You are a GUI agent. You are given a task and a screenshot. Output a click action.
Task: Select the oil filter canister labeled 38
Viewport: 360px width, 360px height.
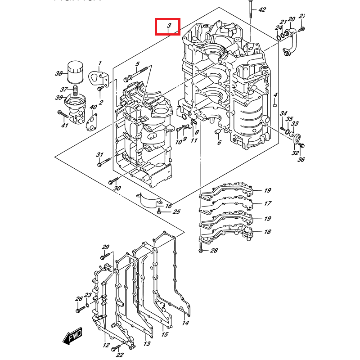75,73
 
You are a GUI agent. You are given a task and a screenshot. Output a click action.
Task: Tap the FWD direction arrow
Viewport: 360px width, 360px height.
72,336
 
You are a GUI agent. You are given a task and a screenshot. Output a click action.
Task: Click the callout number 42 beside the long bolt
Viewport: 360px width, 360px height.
262,9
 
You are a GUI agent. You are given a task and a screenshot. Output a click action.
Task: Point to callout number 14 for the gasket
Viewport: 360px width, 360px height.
186,323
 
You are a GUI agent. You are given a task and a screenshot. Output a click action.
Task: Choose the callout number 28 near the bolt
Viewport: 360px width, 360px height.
213,250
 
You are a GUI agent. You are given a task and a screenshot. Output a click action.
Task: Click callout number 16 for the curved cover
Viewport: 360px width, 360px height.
168,206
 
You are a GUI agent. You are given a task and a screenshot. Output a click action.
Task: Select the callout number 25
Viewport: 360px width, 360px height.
176,212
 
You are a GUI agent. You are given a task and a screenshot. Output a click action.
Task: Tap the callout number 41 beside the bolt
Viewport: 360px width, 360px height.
64,125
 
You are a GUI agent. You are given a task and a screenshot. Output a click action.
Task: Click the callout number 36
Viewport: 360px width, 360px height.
301,159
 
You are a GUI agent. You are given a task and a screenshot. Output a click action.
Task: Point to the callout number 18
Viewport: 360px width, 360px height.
267,232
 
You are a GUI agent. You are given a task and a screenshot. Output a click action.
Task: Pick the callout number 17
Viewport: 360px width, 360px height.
267,203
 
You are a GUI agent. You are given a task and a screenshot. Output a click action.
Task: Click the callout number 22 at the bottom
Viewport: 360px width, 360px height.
119,355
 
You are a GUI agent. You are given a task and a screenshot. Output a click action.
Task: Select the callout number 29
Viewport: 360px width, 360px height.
106,247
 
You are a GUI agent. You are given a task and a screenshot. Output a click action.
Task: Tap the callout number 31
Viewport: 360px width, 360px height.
99,155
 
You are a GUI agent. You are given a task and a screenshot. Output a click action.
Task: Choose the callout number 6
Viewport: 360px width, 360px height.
219,143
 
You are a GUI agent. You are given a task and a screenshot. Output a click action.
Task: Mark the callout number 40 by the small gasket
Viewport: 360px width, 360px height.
93,107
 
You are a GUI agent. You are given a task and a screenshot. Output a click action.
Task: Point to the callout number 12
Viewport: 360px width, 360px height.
106,345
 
